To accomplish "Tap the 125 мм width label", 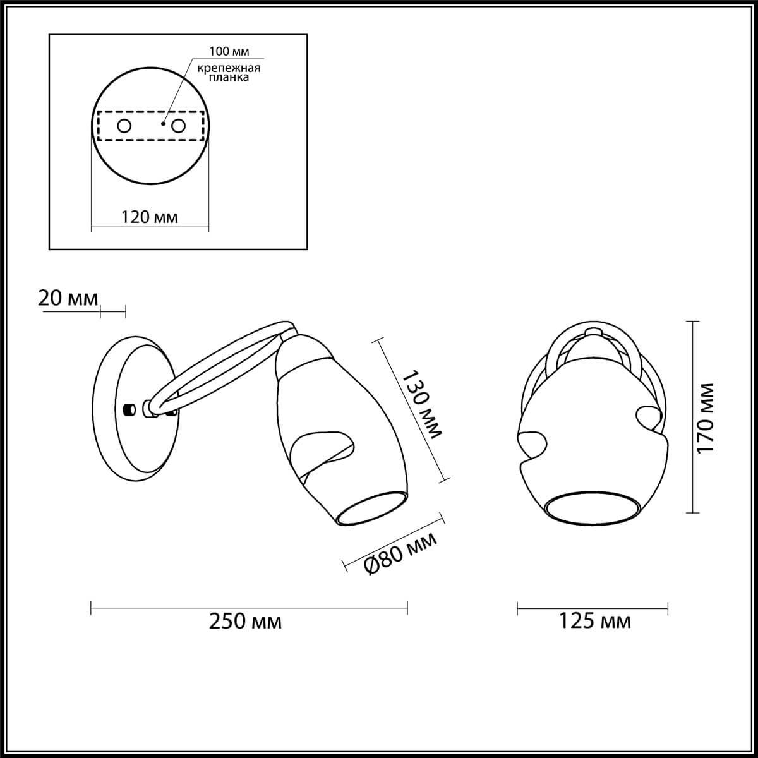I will (x=595, y=622).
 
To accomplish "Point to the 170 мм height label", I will (x=706, y=416).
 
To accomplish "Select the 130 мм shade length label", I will (x=422, y=405).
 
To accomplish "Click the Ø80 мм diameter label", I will (x=400, y=552).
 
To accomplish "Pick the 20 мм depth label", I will (x=68, y=298).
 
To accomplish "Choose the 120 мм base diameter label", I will (x=149, y=218).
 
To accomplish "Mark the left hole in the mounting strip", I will (x=124, y=126).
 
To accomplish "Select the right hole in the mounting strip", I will (x=179, y=126).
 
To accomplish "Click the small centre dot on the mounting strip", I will (x=163, y=124).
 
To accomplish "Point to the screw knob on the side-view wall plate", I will (x=129, y=409).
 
